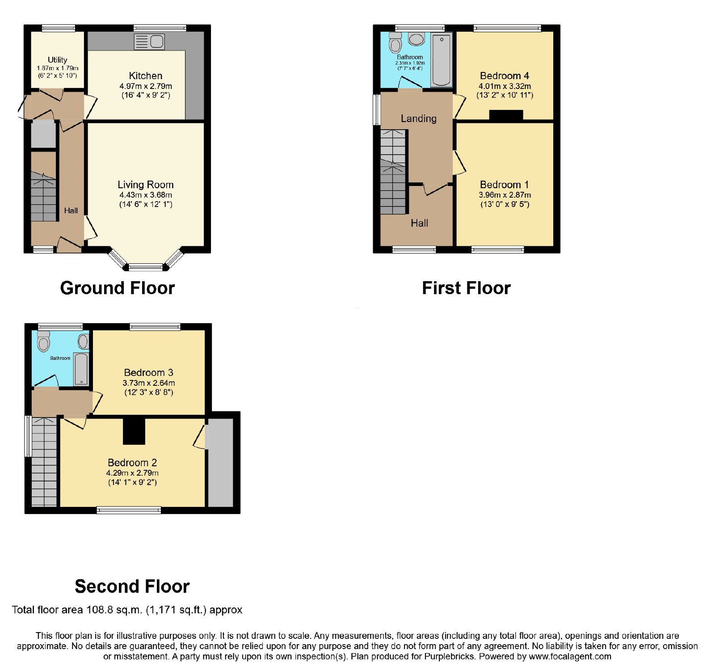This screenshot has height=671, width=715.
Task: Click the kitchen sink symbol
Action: point(149,42)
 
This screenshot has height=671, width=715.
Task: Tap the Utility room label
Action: point(57,60)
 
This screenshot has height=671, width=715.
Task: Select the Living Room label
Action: point(146,185)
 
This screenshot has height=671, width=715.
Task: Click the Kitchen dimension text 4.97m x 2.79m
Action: point(146,86)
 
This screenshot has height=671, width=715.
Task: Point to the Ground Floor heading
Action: point(118,288)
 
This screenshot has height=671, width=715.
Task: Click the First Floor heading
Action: point(467,288)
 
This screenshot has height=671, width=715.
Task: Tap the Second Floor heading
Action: point(132,586)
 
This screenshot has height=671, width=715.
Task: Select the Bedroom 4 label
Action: point(505,76)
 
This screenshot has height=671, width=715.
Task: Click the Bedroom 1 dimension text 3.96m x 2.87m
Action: point(505,195)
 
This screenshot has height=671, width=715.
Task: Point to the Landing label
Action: point(419,118)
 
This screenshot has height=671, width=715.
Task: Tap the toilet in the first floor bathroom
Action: point(395,42)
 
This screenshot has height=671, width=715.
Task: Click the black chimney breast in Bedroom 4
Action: point(506,115)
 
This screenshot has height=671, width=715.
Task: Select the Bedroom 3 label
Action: point(148,372)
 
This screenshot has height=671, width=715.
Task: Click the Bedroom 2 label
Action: point(132,463)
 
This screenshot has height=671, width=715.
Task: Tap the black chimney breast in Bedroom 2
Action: point(134,431)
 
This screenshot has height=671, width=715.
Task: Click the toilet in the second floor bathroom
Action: point(43,342)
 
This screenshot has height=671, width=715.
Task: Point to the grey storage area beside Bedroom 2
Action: point(221,463)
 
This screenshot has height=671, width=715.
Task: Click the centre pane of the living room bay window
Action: point(146,267)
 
